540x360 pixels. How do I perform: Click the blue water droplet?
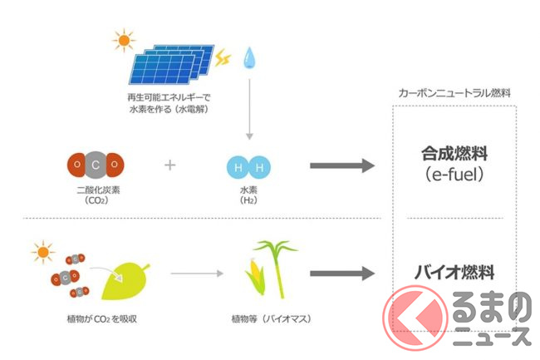[248, 57]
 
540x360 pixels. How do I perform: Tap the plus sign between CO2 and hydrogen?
[170, 165]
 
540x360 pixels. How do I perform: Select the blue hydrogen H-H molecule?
[248, 168]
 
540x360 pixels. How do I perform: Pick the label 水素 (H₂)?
[249, 195]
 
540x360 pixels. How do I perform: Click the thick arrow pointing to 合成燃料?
[341, 165]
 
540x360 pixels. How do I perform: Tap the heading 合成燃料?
[453, 154]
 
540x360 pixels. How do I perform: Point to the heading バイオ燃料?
[454, 271]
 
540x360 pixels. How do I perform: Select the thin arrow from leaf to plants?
[198, 273]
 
